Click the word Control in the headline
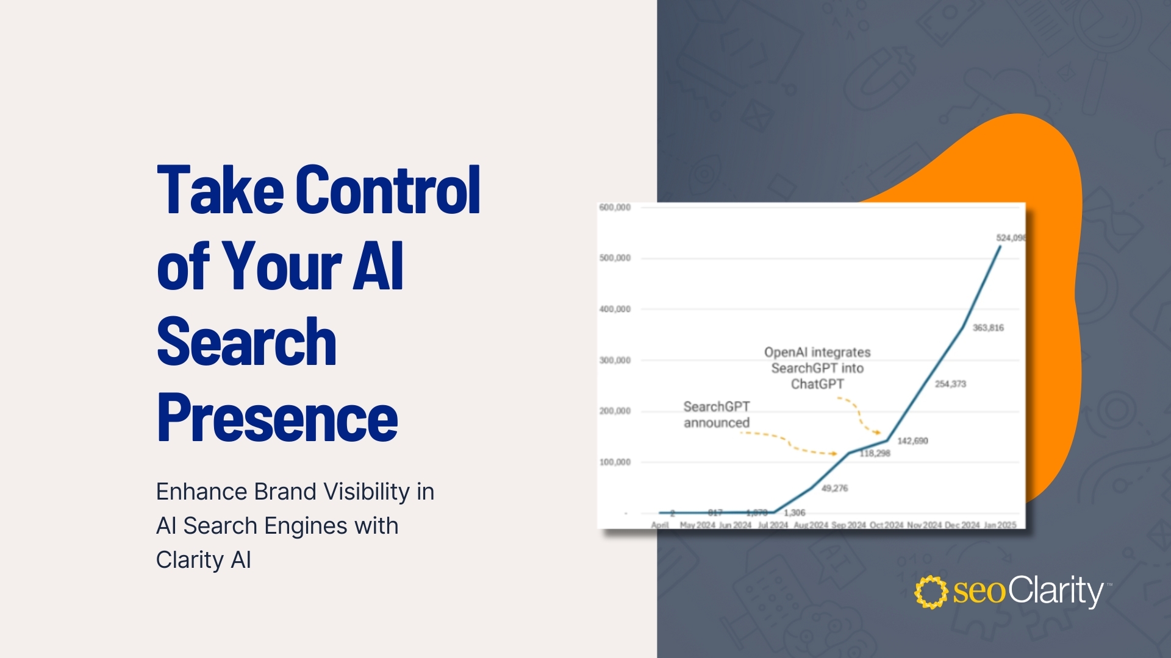coord(389,190)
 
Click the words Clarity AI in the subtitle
coord(203,559)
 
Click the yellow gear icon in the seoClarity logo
coord(931,592)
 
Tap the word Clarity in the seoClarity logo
coord(1055,591)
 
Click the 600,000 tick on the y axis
coord(615,208)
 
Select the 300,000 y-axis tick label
coord(615,361)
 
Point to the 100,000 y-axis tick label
coord(615,462)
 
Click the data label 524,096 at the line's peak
coord(1011,238)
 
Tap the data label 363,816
coord(988,328)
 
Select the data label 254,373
coord(950,384)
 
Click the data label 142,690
coord(912,440)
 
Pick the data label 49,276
coord(834,488)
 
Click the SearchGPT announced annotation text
coord(717,414)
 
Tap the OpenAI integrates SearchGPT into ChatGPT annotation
coord(817,368)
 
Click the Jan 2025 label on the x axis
coord(1000,525)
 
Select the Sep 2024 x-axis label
coord(848,525)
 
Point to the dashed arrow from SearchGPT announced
coord(790,444)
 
